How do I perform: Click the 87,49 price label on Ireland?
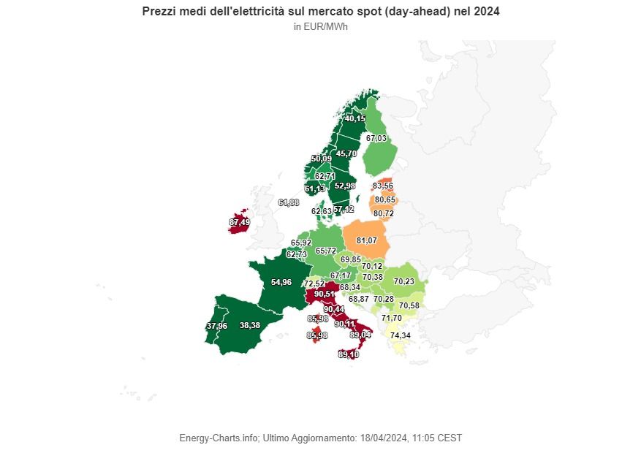point(239,222)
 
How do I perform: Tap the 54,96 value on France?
point(281,281)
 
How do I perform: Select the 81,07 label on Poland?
point(366,240)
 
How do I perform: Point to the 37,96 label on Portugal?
point(216,325)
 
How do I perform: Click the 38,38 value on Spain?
point(250,325)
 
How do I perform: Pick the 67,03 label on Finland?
point(376,138)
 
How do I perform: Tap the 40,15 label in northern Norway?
point(355,118)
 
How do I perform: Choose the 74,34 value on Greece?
point(400,335)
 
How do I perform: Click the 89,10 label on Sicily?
point(348,354)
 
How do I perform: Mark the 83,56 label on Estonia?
point(383,186)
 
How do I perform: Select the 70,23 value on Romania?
point(403,281)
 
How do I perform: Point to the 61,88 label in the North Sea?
point(289,202)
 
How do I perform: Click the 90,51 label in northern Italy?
point(325,294)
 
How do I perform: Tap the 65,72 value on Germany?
point(325,251)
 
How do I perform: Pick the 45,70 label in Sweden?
point(346,153)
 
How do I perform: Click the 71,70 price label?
point(392,318)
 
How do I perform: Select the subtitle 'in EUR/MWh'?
point(320,27)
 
